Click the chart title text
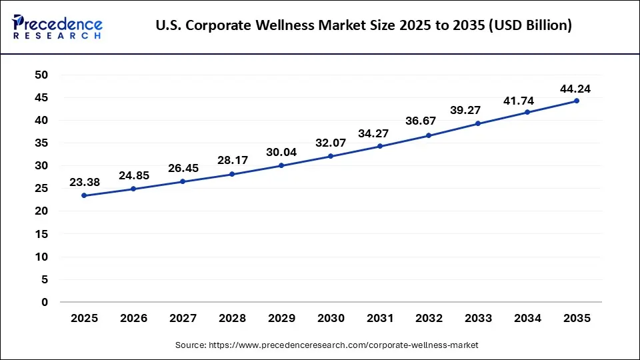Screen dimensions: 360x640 (x=363, y=26)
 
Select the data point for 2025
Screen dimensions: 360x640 (x=84, y=195)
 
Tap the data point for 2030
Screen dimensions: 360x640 (x=331, y=156)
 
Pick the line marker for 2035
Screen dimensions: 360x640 (x=577, y=101)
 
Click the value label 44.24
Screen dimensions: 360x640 (x=575, y=88)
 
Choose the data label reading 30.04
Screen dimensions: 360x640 (x=281, y=151)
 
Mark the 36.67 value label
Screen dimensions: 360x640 (x=429, y=121)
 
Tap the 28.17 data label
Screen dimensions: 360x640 (x=232, y=160)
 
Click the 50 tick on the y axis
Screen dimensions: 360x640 (x=41, y=75)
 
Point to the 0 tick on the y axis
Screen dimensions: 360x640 (x=45, y=302)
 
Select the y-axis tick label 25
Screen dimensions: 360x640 (x=41, y=189)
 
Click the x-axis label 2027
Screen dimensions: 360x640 (x=183, y=319)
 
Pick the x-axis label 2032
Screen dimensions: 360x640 (x=429, y=319)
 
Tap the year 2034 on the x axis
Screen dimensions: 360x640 (x=527, y=319)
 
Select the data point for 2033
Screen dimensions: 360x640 (x=478, y=123)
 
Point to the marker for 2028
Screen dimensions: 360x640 (x=232, y=174)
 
